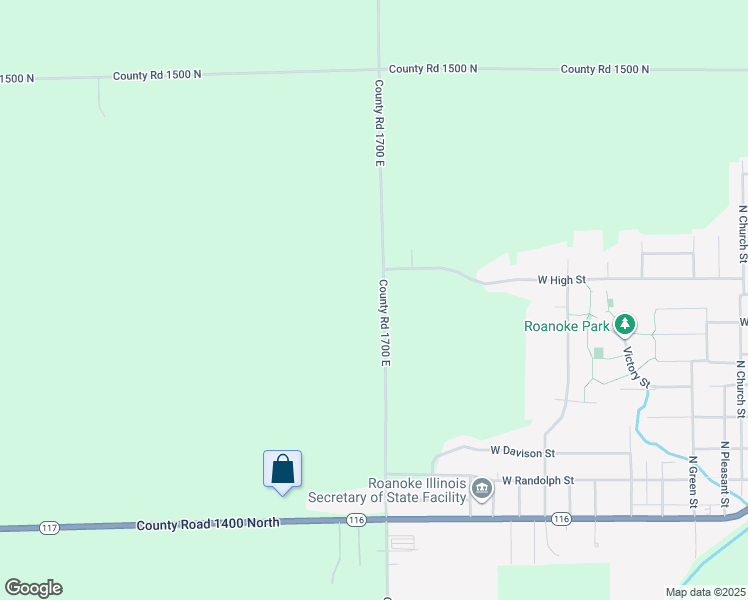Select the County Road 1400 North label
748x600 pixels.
pos(208,524)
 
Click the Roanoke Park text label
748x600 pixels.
pos(567,325)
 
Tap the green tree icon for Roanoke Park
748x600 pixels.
pos(625,324)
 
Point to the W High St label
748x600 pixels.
pos(561,281)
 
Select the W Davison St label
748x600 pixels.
pos(522,452)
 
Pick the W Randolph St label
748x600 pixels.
pos(538,480)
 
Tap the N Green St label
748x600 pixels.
pos(692,482)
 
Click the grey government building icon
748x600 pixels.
pos(482,489)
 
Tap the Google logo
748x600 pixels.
pos(33,588)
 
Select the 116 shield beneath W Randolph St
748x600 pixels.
pos(559,519)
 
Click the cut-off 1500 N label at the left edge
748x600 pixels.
pos(17,77)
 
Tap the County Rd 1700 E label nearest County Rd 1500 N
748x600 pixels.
pos(380,123)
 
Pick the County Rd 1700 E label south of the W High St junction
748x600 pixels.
pos(384,322)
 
